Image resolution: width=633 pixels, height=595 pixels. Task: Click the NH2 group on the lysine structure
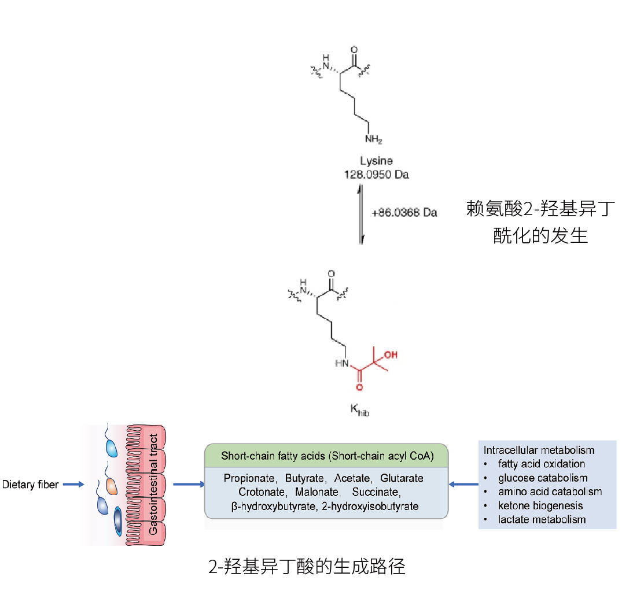pos(373,140)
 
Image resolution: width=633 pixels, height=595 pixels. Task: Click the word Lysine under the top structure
pos(377,161)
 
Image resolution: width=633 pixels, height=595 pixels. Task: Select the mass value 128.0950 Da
pos(376,174)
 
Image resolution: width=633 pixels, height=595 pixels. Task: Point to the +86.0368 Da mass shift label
pos(404,213)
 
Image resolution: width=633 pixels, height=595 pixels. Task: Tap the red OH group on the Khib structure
pos(391,354)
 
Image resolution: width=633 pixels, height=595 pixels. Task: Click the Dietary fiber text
pos(30,485)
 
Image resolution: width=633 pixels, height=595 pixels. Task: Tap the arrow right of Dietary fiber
pos(73,485)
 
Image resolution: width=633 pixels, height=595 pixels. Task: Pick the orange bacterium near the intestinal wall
pos(111,487)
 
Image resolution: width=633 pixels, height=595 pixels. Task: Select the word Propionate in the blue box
pos(248,479)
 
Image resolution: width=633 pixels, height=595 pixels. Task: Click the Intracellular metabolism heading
pos(539,450)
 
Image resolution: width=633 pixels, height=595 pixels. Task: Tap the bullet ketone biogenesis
pos(540,505)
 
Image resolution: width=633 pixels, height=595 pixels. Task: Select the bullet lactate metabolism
pos(542,519)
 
